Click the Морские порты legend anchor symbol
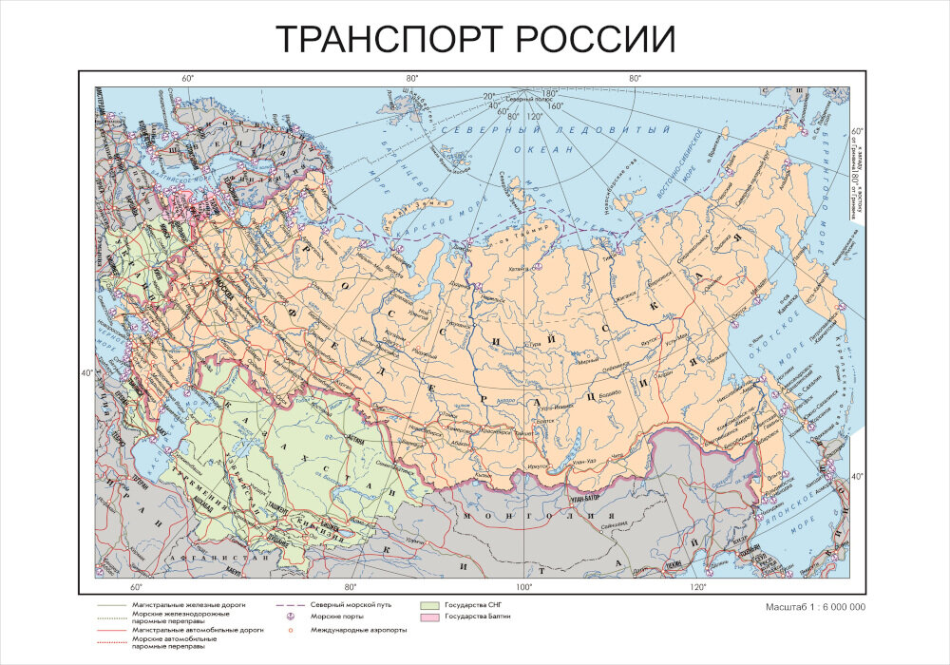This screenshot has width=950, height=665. coord(287,617)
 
